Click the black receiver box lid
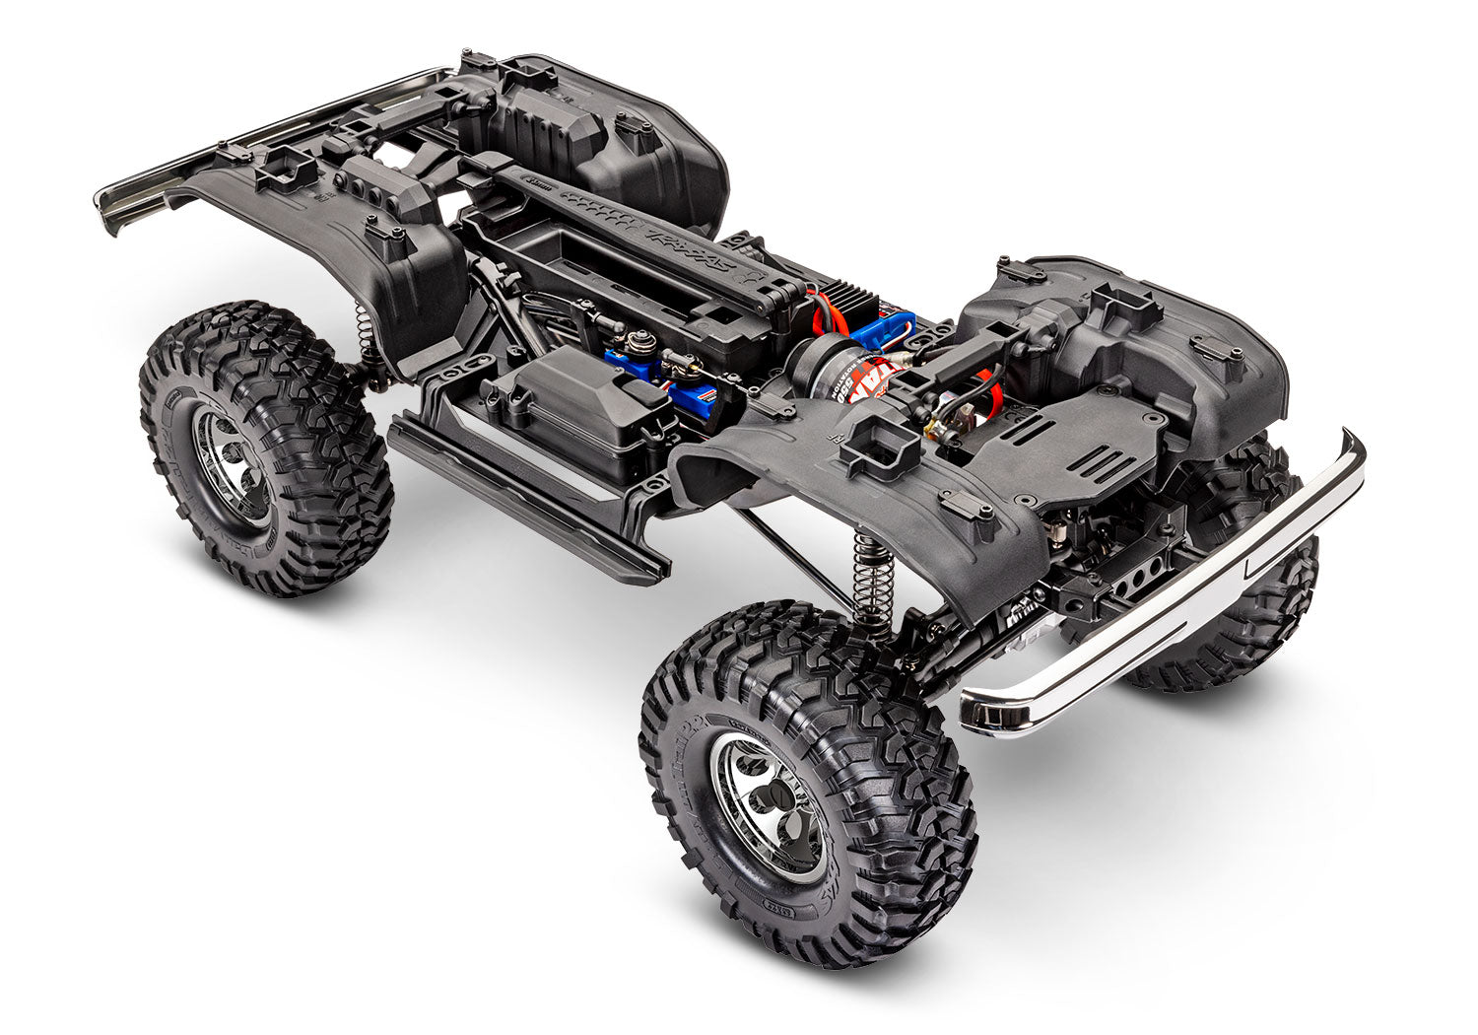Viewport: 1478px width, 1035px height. coord(581,394)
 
